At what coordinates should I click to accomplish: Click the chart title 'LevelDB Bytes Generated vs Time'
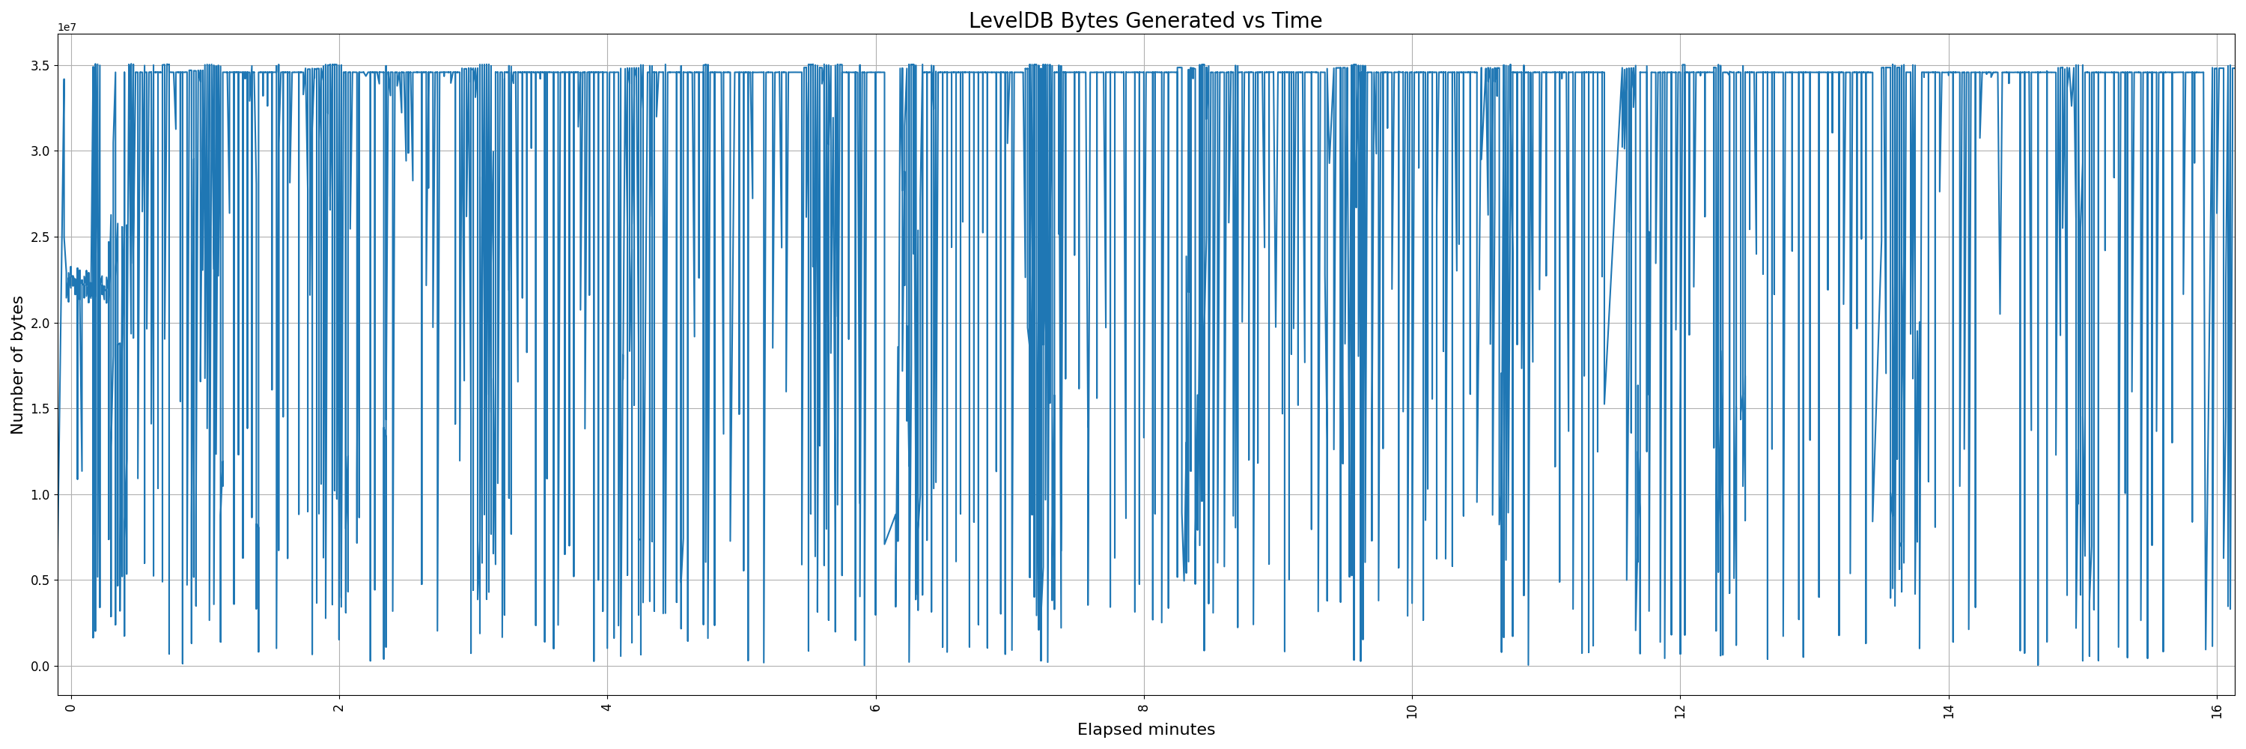pyautogui.click(x=1145, y=20)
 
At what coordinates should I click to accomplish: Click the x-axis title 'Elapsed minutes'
pyautogui.click(x=1145, y=729)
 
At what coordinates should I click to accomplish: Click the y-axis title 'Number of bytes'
pyautogui.click(x=17, y=365)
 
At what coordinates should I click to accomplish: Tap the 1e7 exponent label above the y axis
pyautogui.click(x=67, y=28)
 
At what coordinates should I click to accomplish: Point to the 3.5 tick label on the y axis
pyautogui.click(x=40, y=65)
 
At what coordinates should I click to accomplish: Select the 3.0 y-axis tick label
pyautogui.click(x=40, y=151)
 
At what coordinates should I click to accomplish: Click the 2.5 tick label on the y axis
pyautogui.click(x=40, y=237)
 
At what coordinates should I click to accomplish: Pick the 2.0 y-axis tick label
pyautogui.click(x=40, y=323)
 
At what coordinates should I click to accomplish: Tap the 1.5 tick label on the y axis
pyautogui.click(x=40, y=409)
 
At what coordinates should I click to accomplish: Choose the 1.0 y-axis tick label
pyautogui.click(x=40, y=494)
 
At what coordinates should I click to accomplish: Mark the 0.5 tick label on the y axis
pyautogui.click(x=40, y=580)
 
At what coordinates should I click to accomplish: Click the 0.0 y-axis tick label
pyautogui.click(x=40, y=666)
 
